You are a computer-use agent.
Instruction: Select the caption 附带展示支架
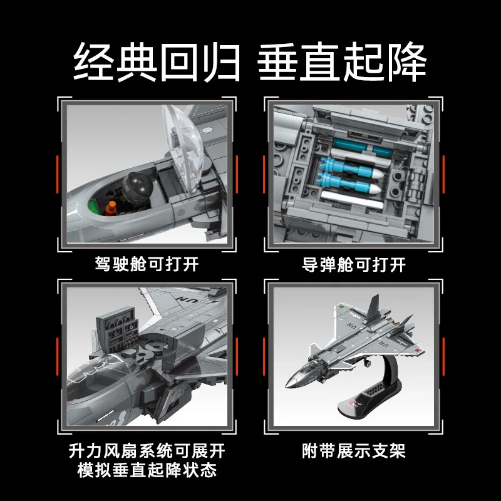(x=353, y=450)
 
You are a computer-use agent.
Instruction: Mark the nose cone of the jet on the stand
(x=289, y=384)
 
